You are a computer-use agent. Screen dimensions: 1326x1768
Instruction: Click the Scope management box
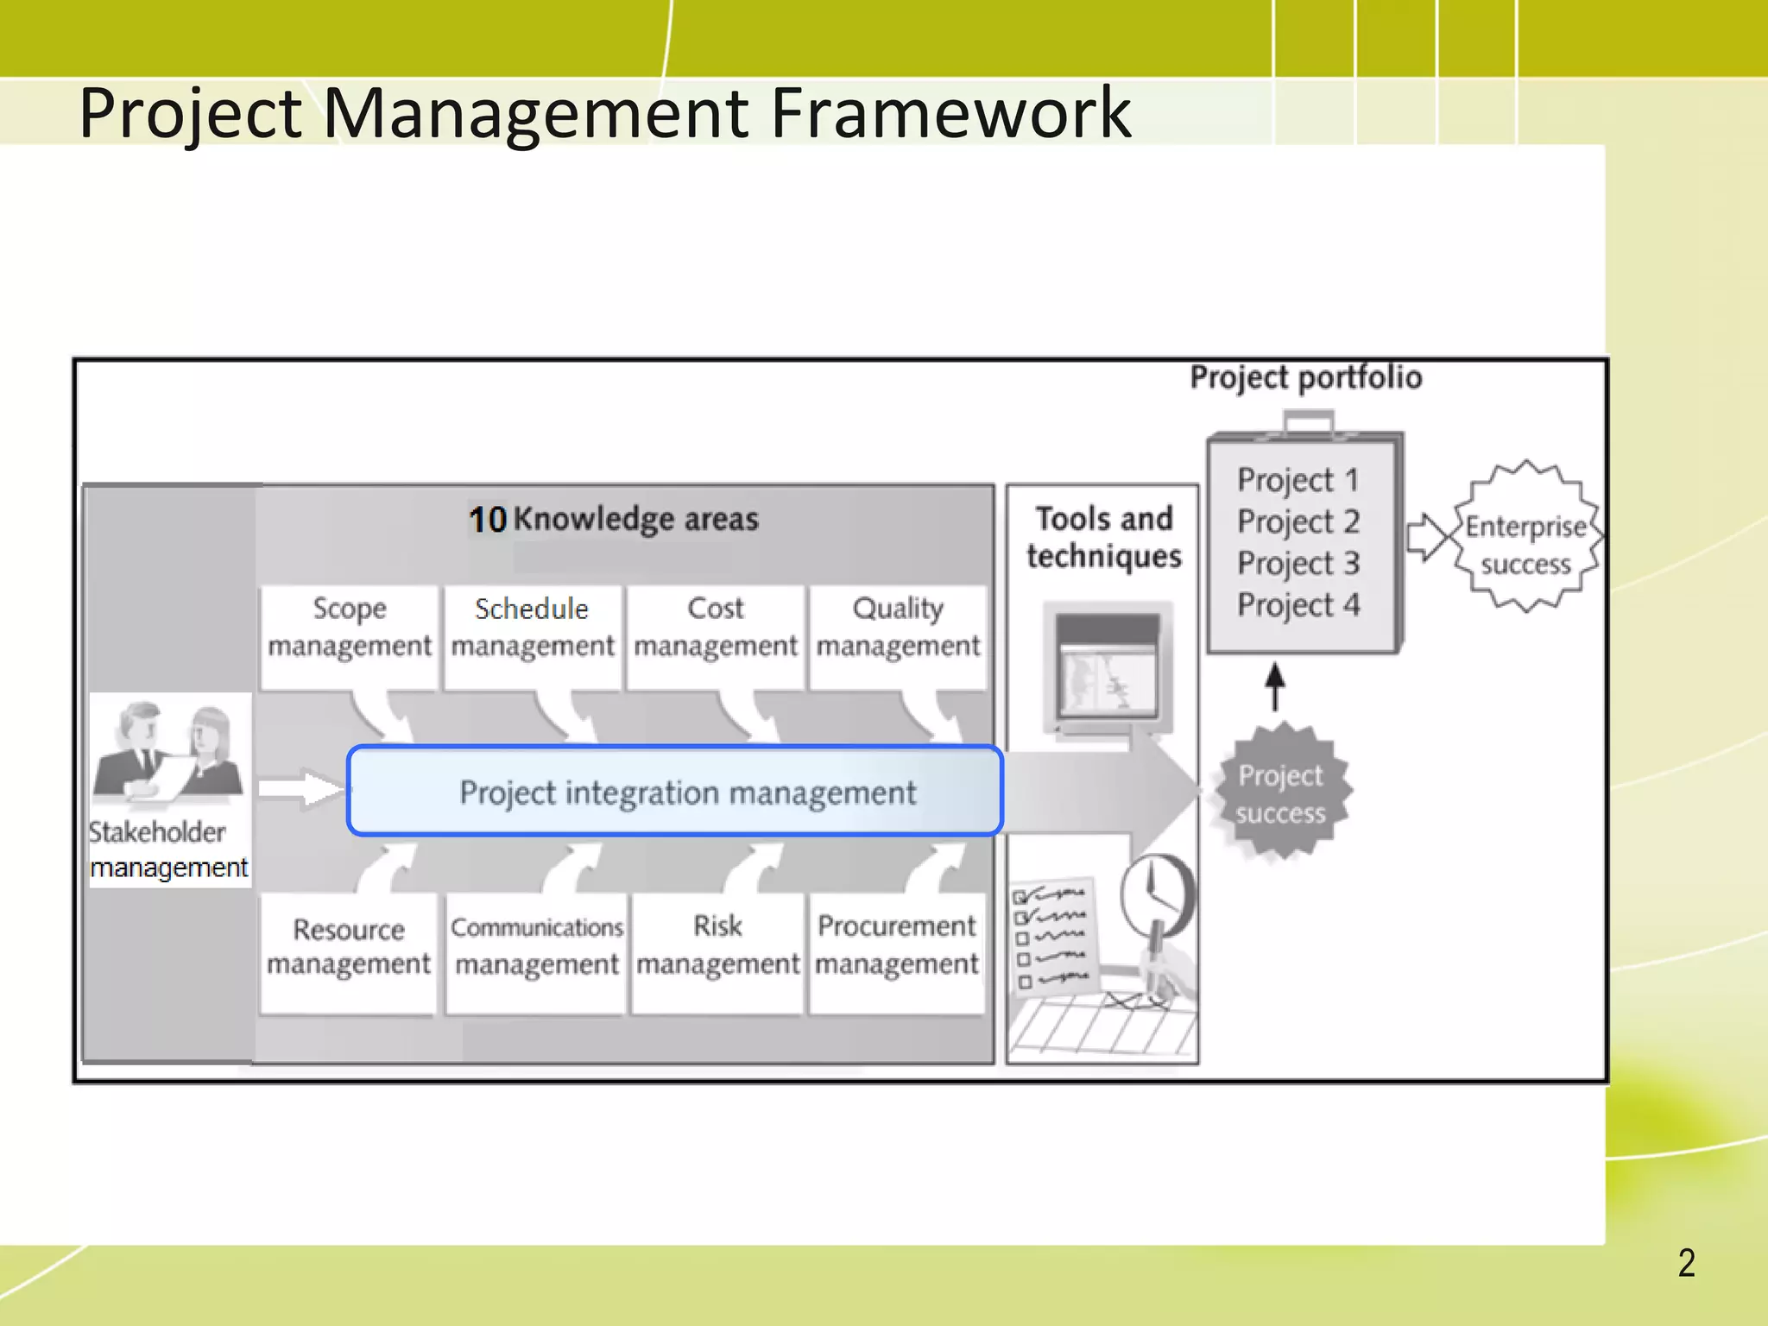click(x=349, y=636)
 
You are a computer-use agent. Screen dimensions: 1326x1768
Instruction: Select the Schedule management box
click(x=532, y=636)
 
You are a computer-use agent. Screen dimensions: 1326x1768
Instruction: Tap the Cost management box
click(x=716, y=636)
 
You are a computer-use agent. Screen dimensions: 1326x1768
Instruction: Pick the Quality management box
click(x=898, y=636)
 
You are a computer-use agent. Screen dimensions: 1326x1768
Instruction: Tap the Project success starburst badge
click(x=1280, y=793)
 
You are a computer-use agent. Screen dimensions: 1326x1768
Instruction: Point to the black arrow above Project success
click(x=1275, y=687)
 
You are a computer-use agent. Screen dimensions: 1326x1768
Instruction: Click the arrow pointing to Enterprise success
click(x=1428, y=538)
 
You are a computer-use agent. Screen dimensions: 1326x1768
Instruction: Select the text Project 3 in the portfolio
click(x=1298, y=564)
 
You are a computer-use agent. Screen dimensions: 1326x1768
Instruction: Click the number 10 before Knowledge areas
click(x=488, y=520)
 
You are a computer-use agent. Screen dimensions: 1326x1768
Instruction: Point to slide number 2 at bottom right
click(x=1686, y=1263)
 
